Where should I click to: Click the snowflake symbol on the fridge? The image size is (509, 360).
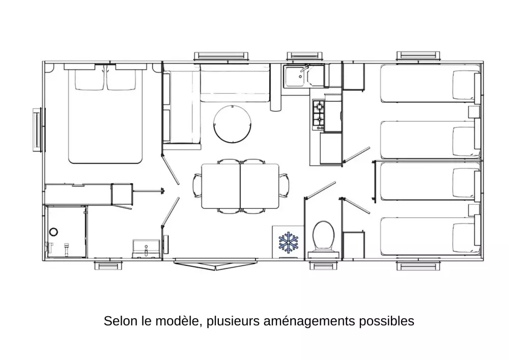[x=288, y=241]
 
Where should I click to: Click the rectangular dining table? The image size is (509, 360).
[x=240, y=186]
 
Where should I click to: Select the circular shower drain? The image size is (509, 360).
[x=53, y=232]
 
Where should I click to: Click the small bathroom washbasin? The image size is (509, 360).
[x=144, y=248]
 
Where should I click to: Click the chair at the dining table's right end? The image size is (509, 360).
[x=284, y=186]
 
